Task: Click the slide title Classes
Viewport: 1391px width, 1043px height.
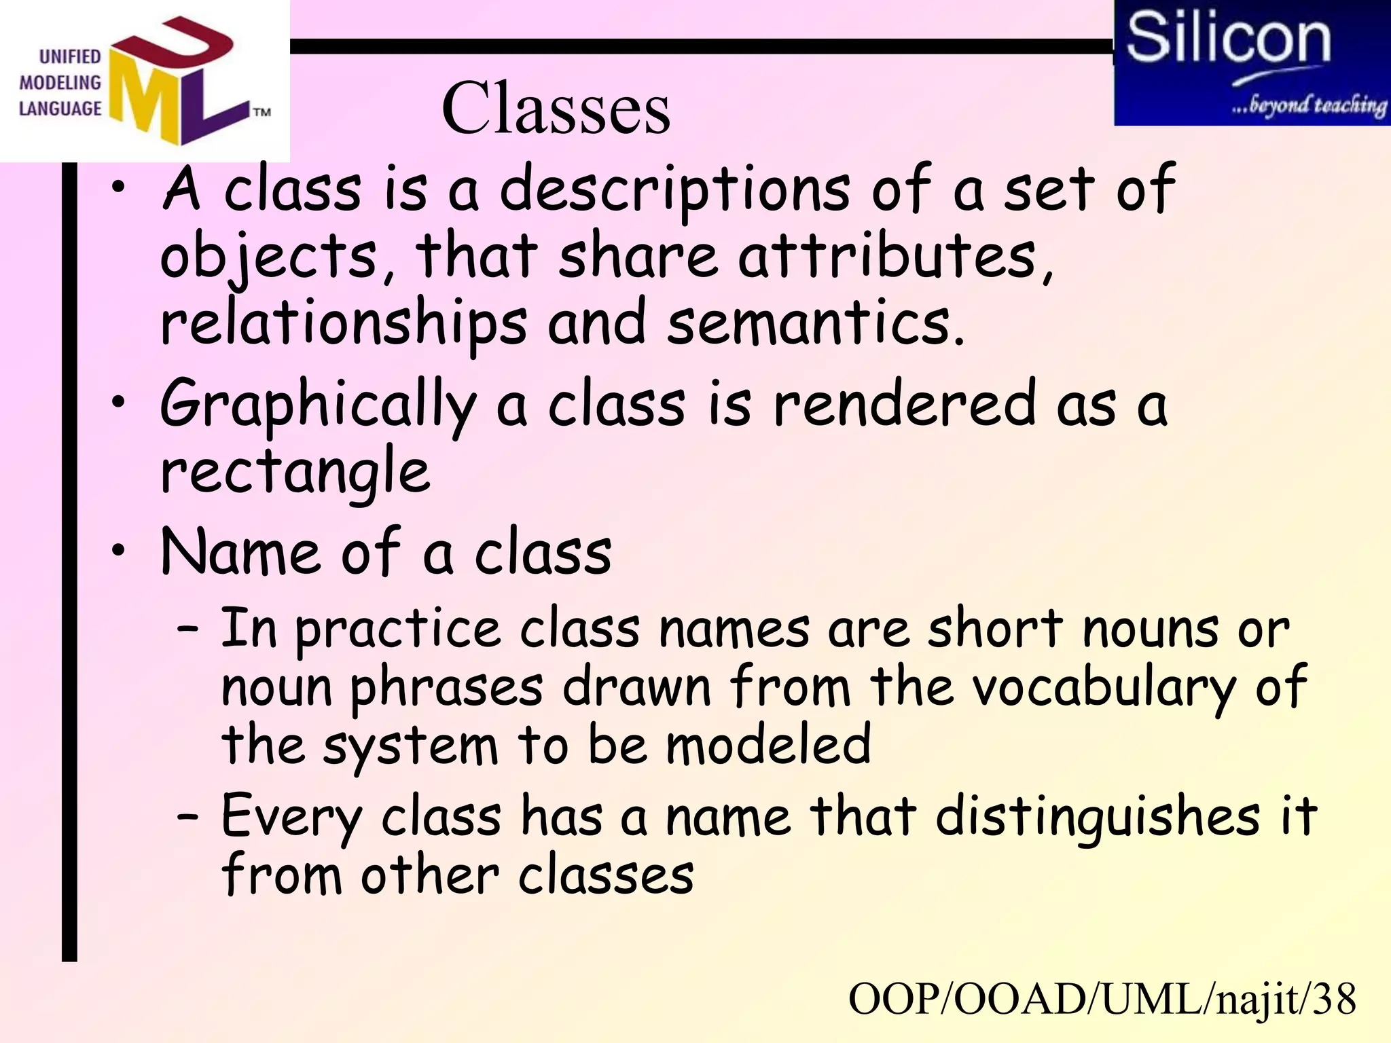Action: [556, 109]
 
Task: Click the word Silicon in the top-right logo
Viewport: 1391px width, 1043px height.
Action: [1228, 38]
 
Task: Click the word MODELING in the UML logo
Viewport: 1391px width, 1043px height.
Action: [60, 83]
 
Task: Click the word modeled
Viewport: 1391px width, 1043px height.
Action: [768, 745]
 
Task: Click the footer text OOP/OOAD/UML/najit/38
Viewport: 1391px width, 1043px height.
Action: [1102, 999]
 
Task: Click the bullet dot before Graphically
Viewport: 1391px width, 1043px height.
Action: [119, 402]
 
